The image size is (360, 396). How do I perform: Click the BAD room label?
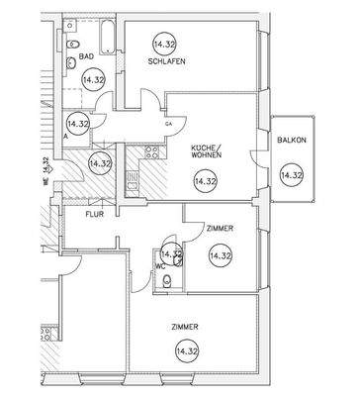(x=86, y=57)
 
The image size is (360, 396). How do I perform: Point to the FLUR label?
(x=95, y=213)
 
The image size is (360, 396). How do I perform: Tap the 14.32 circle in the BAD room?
(x=93, y=80)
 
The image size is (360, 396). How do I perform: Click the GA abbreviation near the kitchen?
(x=168, y=123)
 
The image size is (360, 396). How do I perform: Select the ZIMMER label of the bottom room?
(x=184, y=327)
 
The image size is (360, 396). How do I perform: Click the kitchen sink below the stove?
(x=132, y=178)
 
